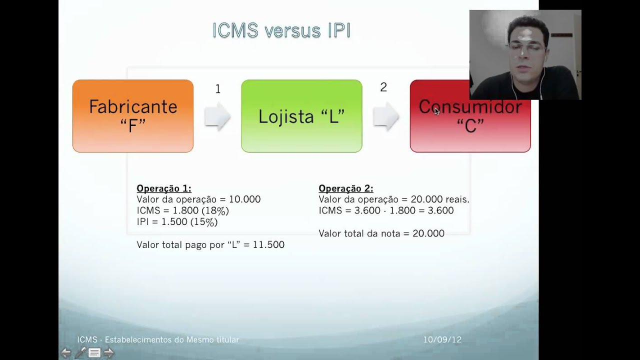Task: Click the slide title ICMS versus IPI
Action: [281, 30]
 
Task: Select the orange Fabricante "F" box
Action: [133, 116]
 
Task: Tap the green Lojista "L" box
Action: [301, 116]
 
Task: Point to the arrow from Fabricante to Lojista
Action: [217, 116]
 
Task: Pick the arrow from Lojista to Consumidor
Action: [386, 116]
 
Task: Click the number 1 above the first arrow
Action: [217, 89]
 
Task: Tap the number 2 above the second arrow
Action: [383, 87]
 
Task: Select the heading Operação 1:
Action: [164, 188]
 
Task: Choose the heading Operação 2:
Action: [346, 188]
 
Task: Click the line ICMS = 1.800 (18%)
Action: [182, 210]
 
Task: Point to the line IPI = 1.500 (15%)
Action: [177, 222]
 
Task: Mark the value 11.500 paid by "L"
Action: [268, 244]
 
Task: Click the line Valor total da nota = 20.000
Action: [381, 233]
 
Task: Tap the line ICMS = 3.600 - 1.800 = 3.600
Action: [386, 210]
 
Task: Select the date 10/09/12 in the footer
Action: [442, 340]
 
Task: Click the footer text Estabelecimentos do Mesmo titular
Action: [172, 340]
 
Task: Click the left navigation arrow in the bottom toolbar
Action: [65, 353]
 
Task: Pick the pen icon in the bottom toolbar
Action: [80, 353]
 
